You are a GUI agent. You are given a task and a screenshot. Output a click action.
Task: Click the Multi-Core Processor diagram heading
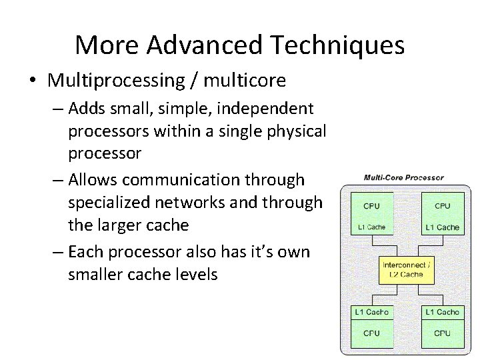point(403,178)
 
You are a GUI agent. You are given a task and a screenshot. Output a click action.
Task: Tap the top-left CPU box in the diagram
point(372,205)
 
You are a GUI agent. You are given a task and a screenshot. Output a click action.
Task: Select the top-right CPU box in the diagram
point(442,205)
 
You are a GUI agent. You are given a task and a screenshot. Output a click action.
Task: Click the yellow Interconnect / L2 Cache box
point(406,269)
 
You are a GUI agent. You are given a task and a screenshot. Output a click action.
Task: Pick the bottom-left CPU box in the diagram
point(372,333)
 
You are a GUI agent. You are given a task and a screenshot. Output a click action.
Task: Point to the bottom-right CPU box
point(442,333)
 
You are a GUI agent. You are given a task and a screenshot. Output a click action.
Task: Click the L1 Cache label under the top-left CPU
point(372,227)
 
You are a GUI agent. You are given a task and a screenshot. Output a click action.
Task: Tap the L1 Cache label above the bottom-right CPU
point(442,312)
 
